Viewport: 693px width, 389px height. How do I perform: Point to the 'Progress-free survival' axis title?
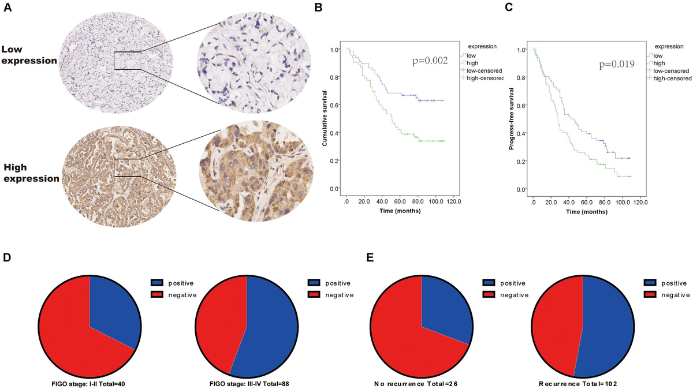point(512,119)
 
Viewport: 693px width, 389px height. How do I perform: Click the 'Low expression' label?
point(29,55)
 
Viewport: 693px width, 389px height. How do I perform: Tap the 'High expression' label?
point(31,173)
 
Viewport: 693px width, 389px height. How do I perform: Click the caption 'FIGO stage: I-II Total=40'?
point(90,382)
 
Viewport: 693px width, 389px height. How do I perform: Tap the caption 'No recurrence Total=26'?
point(422,382)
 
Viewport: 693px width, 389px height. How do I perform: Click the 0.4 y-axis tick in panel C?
point(523,133)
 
